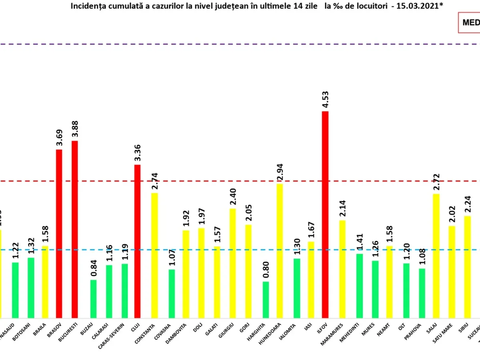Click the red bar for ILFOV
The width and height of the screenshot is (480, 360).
[x=325, y=214]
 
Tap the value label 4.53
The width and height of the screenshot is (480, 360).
[x=325, y=100]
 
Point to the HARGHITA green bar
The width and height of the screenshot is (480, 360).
[x=266, y=299]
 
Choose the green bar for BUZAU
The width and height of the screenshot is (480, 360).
[x=93, y=298]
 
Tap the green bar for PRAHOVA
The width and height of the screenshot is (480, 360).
[x=422, y=293]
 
